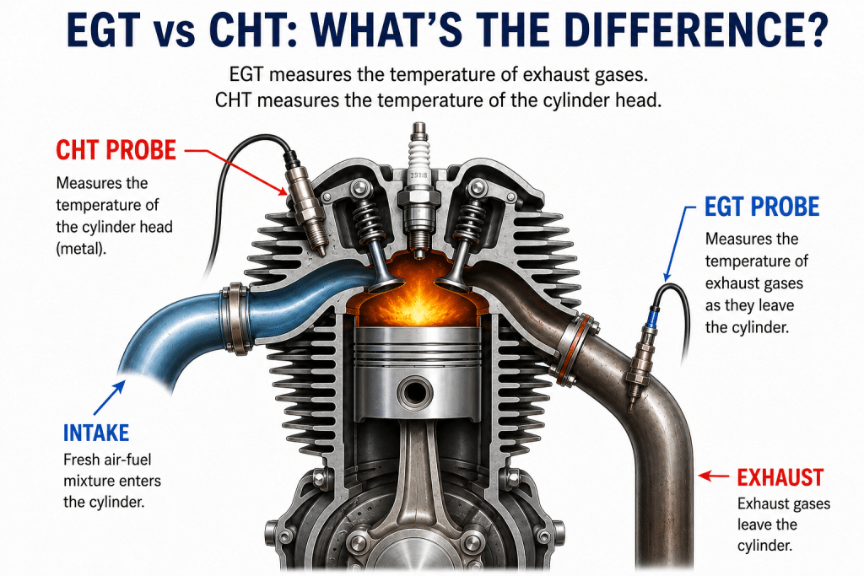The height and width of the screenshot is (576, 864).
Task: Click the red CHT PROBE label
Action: tap(116, 150)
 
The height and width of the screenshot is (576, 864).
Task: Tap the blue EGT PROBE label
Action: tap(762, 207)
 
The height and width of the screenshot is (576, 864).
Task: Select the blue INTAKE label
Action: tap(96, 433)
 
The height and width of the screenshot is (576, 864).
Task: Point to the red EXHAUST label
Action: tap(780, 477)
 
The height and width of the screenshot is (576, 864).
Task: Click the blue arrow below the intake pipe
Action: tap(109, 398)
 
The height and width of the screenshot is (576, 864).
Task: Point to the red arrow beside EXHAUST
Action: tap(714, 476)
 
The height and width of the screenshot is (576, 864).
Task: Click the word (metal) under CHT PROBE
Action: tap(81, 249)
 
